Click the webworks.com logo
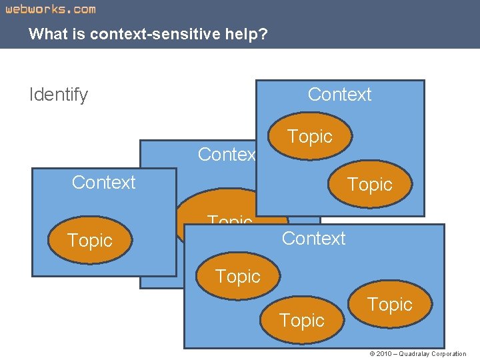pos(51,9)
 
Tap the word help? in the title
pos(247,33)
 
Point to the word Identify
pos(59,95)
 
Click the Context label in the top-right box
pos(339,95)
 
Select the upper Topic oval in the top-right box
pos(310,137)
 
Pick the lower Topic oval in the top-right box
pos(370,185)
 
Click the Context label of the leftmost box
pos(103,183)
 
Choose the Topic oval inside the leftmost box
pos(89,241)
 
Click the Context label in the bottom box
pos(313,239)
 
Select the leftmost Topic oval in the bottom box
pos(237,276)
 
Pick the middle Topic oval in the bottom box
pos(302,321)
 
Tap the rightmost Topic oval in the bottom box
pos(390,305)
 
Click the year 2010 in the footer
pos(384,354)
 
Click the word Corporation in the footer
pos(449,354)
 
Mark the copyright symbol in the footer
pos(371,354)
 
